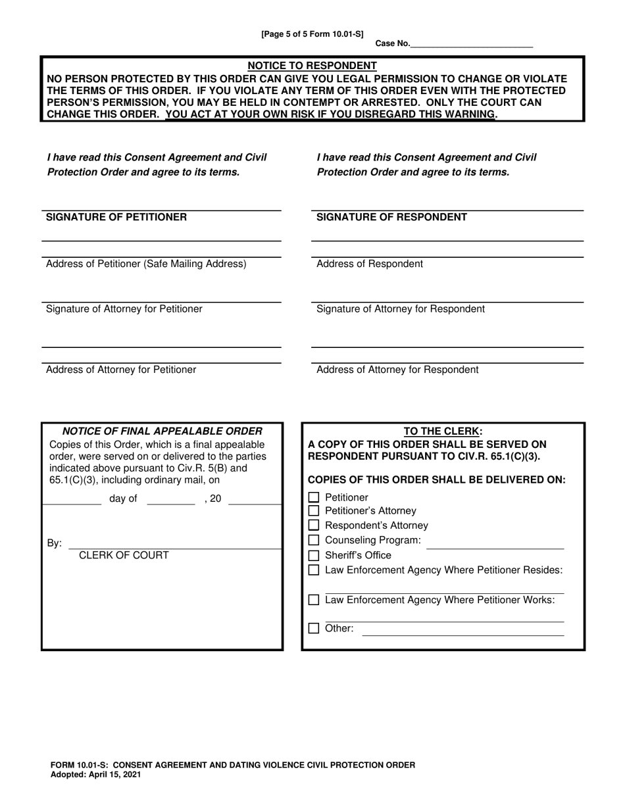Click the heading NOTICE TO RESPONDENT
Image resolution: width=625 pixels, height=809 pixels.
coord(312,66)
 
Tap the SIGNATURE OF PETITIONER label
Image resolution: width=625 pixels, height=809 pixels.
coord(116,217)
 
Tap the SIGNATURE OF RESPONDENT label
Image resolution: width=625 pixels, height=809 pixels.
coord(391,217)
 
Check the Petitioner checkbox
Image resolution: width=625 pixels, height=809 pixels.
coord(314,498)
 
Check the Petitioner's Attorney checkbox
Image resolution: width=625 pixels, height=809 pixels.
coord(314,511)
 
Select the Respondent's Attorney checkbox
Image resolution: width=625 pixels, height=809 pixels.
coord(314,526)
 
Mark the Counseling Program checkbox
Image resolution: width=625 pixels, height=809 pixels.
coord(314,540)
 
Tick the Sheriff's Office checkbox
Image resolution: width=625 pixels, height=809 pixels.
coord(314,555)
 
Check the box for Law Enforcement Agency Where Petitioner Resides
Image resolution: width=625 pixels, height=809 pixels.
coord(314,570)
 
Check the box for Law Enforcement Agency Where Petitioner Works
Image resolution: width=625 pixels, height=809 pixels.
coord(314,600)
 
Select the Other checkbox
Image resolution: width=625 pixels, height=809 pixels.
coord(314,628)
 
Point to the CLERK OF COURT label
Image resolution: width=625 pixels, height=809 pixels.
coord(124,555)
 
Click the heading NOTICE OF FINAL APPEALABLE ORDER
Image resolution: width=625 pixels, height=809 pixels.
coord(162,431)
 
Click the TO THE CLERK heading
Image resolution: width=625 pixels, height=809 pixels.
coord(442,431)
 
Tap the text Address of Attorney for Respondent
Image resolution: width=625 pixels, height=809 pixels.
coord(397,370)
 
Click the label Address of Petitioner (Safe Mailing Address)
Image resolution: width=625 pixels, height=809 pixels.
coord(146,264)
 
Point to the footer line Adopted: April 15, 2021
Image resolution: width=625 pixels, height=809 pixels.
coord(95,775)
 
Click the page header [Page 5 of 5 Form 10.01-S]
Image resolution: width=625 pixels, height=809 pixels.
coord(312,34)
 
